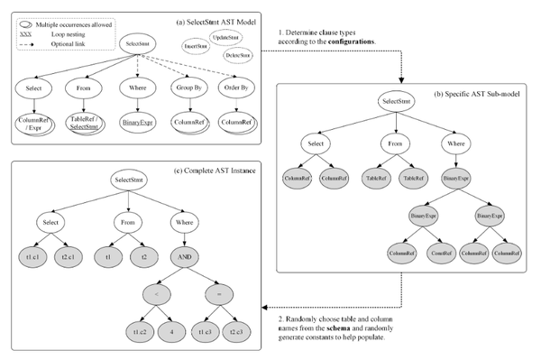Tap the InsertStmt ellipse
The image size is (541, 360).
pos(197,44)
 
